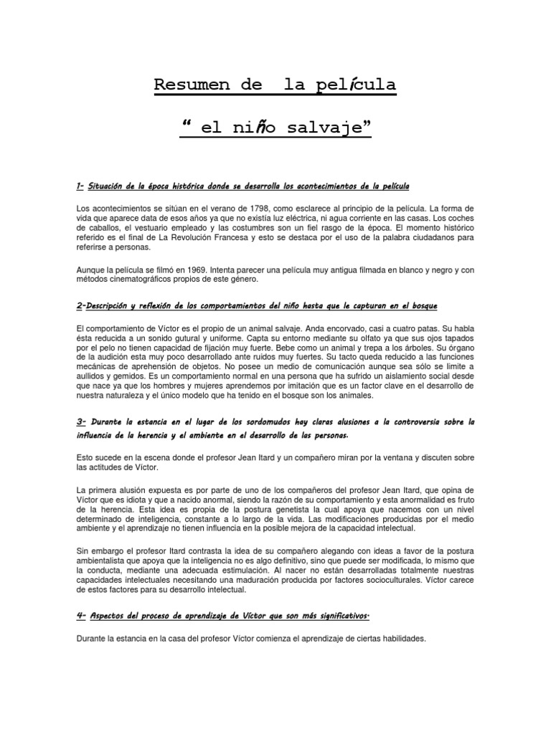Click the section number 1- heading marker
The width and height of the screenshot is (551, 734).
pos(80,187)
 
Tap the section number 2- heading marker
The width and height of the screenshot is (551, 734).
pos(80,306)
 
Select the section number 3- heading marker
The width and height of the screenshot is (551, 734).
pos(81,421)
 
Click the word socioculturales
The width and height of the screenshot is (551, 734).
pos(384,579)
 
